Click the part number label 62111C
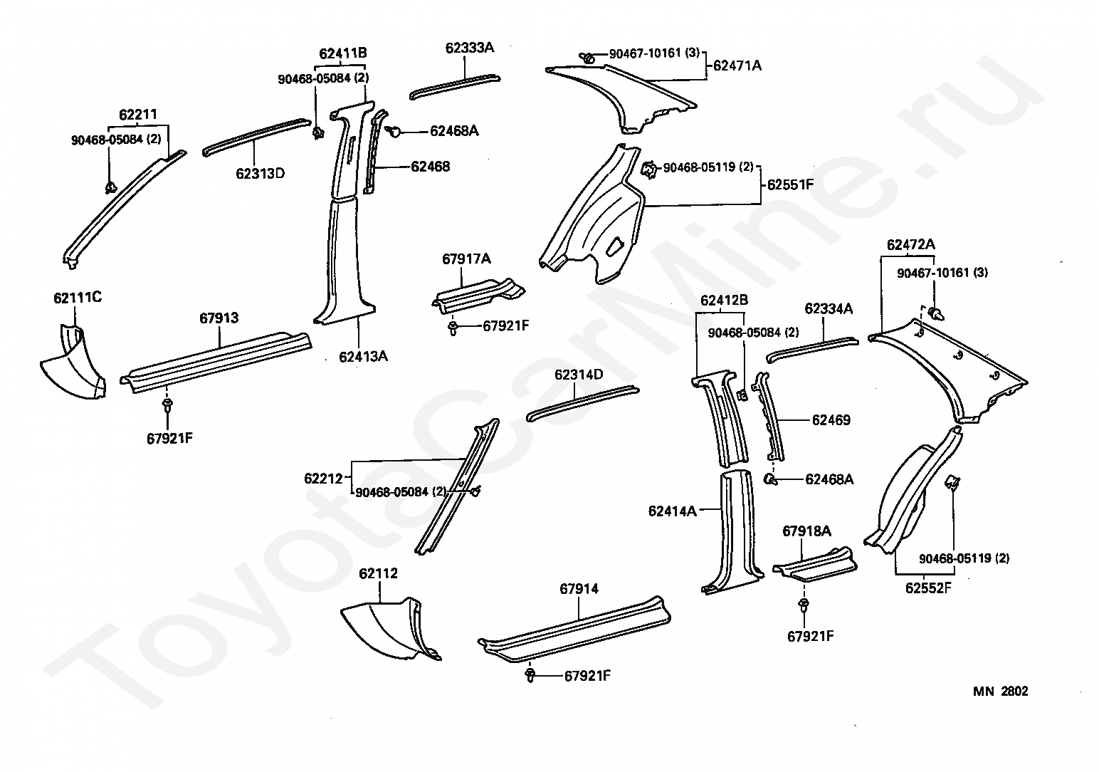tap(77, 297)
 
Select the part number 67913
tap(219, 318)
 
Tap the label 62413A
tap(363, 357)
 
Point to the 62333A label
tap(470, 48)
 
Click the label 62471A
tap(737, 66)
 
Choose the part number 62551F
tap(790, 184)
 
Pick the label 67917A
tap(466, 259)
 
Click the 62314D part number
tap(579, 375)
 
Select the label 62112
tap(378, 573)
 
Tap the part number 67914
tap(579, 588)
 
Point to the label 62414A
tap(673, 511)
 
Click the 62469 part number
tap(831, 420)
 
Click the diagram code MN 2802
tap(1001, 691)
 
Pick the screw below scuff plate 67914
tap(530, 674)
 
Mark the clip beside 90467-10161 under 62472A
tap(936, 312)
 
